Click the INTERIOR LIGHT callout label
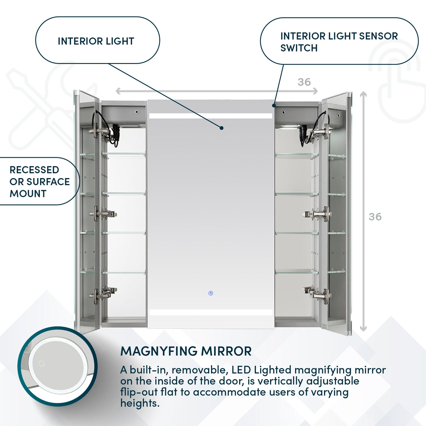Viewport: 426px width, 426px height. tap(96, 41)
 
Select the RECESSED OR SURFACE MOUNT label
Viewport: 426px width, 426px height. tap(39, 182)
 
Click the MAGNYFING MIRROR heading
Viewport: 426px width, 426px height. tap(186, 351)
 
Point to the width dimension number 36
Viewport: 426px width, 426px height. tap(304, 82)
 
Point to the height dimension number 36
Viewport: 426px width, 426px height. tap(375, 217)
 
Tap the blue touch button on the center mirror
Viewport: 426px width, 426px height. tap(210, 293)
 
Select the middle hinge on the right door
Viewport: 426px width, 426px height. tap(318, 214)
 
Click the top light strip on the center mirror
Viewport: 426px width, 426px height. tap(210, 116)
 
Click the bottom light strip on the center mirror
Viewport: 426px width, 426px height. tap(210, 312)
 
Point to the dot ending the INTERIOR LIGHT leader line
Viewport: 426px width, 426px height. tap(221, 128)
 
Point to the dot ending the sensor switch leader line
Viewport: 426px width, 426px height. tap(274, 105)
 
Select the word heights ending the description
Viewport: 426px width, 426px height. tap(139, 403)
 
